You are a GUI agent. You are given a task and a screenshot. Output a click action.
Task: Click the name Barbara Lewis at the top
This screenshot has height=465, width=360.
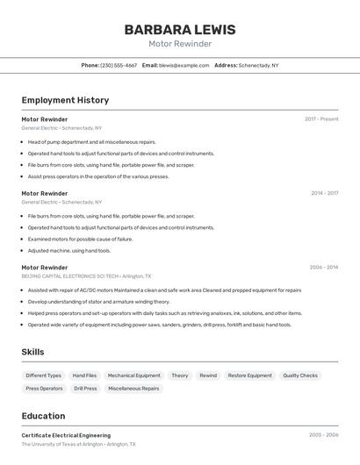click(179, 29)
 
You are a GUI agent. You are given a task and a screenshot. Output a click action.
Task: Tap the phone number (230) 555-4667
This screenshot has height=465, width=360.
click(119, 65)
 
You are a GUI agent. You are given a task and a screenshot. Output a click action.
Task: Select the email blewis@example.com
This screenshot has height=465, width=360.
click(184, 65)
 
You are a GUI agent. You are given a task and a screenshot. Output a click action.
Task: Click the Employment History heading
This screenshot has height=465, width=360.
click(65, 100)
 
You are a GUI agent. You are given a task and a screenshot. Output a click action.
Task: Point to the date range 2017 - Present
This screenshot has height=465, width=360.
click(321, 119)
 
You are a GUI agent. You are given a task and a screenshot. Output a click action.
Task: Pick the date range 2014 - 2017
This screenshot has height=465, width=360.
click(324, 193)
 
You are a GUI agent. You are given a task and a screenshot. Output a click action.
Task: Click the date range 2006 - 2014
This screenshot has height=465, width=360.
click(324, 268)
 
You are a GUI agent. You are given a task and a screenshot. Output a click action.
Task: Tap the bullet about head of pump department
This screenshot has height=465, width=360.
click(91, 141)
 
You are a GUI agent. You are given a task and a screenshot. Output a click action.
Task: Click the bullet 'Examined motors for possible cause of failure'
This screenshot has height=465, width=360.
click(80, 239)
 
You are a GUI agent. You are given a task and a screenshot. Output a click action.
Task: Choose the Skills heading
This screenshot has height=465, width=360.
click(32, 352)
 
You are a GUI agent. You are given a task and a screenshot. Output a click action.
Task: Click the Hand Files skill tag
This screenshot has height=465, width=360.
click(84, 376)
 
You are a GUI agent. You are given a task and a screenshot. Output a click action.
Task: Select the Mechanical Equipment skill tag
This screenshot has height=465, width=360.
click(134, 376)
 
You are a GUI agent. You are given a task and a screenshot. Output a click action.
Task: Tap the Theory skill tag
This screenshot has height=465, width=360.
click(180, 376)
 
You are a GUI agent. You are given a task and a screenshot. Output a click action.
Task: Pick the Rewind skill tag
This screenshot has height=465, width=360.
click(208, 376)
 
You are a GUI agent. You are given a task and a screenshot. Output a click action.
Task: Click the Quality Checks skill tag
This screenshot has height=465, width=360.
click(300, 376)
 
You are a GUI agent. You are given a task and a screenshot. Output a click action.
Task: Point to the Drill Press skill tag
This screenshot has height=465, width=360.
click(85, 388)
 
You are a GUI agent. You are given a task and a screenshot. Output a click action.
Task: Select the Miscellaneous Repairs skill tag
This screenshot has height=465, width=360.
click(133, 388)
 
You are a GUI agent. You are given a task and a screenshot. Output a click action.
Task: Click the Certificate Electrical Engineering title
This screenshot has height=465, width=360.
click(66, 435)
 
